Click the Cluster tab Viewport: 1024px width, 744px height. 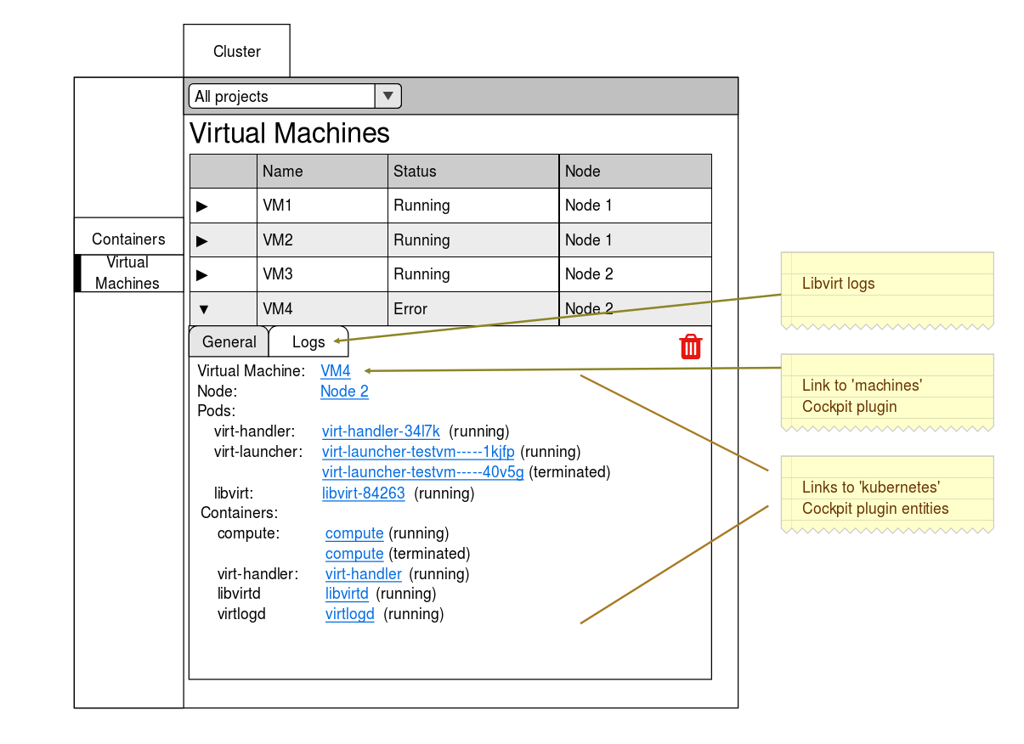tap(236, 52)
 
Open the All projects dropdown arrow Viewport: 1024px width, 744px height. tap(388, 96)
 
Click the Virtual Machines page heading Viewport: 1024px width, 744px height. tap(289, 133)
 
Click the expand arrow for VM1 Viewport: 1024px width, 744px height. tap(202, 206)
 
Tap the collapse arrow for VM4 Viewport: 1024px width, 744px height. tap(202, 309)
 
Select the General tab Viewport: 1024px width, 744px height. tap(229, 341)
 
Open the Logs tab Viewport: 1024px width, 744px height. tap(308, 341)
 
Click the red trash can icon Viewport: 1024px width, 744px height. tap(690, 347)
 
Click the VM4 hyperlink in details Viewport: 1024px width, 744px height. tap(335, 371)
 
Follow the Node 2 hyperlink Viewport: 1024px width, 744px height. tap(344, 392)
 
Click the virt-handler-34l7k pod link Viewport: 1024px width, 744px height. tap(381, 431)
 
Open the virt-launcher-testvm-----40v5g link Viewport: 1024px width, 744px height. tap(422, 472)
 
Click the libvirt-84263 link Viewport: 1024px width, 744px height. tap(363, 493)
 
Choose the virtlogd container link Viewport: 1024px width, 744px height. tap(349, 614)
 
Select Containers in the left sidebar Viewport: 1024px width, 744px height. tap(128, 240)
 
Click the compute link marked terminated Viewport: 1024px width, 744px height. tap(354, 554)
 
